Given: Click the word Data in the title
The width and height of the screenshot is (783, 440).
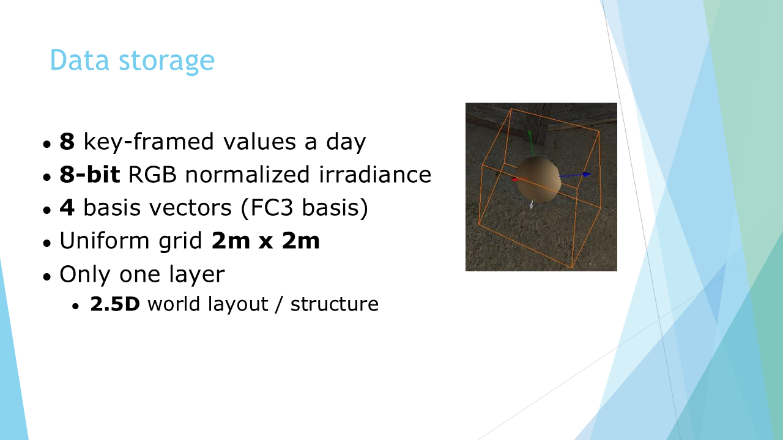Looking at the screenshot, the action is point(80,60).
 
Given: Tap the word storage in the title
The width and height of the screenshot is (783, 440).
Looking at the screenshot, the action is point(167,62).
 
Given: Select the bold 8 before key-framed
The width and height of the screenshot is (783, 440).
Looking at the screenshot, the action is point(67,141).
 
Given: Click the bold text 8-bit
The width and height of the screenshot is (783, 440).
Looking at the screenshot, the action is point(90,174).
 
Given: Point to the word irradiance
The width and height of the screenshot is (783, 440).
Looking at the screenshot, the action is point(375,174).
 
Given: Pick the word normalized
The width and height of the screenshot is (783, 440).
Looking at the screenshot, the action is point(247,174).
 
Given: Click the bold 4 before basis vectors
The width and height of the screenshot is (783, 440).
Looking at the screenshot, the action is point(67,207).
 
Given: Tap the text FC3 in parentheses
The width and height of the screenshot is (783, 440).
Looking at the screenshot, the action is point(271,207).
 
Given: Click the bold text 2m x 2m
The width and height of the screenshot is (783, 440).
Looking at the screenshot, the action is point(265,240).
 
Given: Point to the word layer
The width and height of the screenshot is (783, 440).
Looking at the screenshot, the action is point(197,275).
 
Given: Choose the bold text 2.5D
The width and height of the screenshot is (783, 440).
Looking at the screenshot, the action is point(115,304).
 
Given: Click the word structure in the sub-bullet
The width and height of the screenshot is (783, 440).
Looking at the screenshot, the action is point(335,304).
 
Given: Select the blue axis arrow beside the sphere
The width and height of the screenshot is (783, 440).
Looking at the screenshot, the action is point(576,175).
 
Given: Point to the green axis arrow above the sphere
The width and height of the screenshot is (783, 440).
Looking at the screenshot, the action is point(531,144).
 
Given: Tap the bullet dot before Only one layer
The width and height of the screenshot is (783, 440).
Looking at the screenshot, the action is point(47,276).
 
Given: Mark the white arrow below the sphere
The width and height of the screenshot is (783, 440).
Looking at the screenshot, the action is point(532,204).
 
